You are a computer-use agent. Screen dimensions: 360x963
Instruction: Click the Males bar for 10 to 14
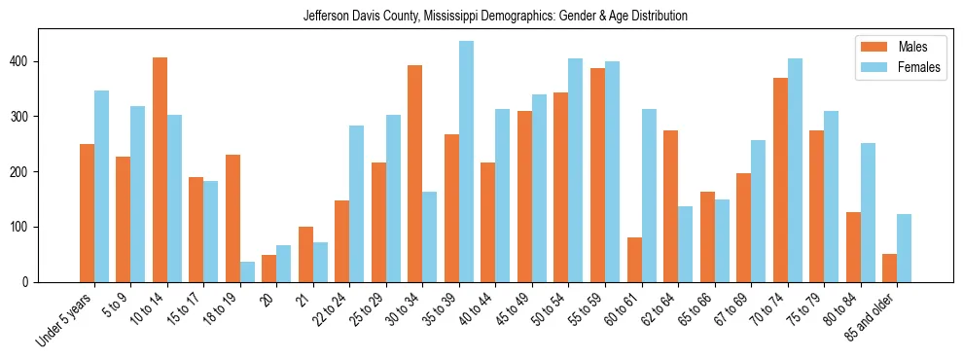point(160,170)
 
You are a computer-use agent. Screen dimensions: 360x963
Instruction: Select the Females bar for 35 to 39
point(466,162)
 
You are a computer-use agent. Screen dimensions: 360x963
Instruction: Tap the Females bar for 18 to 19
point(247,271)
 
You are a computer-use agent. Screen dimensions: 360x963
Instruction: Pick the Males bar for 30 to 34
point(414,174)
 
